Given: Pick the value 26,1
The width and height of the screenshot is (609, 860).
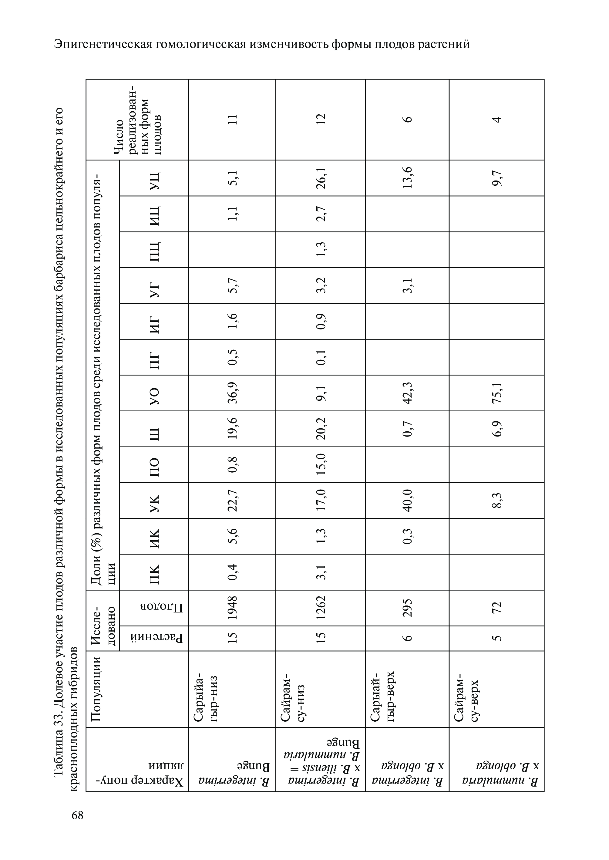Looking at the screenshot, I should [321, 178].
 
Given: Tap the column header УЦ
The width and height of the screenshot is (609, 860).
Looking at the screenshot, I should [154, 178].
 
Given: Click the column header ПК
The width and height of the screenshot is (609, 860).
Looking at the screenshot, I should [154, 572].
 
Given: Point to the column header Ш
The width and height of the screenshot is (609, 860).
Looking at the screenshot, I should [154, 429].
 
